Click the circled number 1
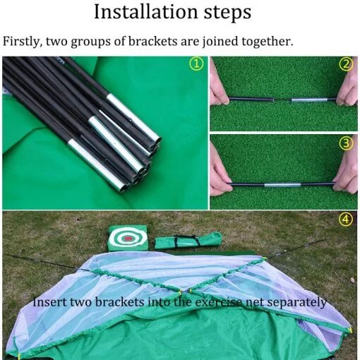pyautogui.click(x=196, y=65)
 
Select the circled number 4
pyautogui.click(x=346, y=220)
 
